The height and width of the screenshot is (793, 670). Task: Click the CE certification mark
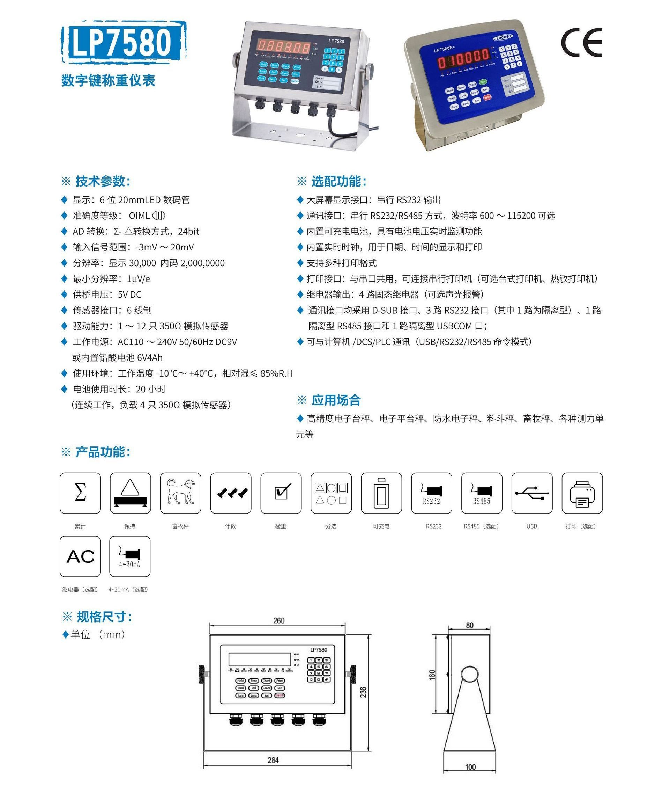(581, 43)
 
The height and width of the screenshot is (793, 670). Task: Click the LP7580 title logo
(123, 42)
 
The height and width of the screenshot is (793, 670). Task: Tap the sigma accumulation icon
(80, 493)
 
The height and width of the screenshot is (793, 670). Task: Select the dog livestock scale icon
(181, 493)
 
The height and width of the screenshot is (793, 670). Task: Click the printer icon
(582, 493)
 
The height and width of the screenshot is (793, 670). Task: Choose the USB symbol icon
(532, 493)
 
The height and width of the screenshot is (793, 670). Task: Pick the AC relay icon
(80, 556)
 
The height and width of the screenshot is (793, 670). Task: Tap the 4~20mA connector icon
(130, 556)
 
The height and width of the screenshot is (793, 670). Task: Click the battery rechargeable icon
(381, 493)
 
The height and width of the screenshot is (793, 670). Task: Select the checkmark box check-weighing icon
(281, 493)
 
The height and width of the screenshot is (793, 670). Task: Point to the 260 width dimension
(279, 620)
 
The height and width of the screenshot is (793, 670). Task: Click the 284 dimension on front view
(273, 760)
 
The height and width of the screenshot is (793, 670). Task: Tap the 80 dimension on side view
(469, 625)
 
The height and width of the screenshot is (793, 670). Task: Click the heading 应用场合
(336, 400)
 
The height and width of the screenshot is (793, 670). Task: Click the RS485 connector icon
(482, 493)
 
